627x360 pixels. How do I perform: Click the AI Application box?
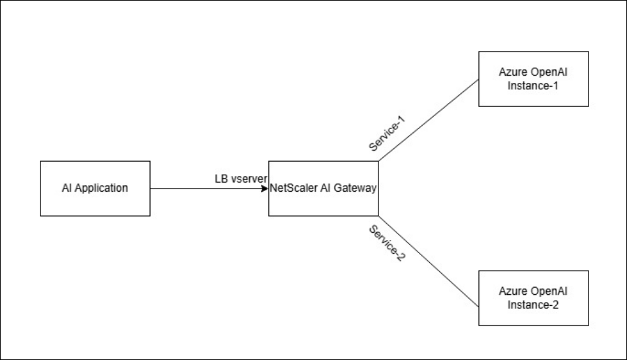95,188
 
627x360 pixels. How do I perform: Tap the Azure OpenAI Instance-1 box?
534,79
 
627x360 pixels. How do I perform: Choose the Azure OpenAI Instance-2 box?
534,298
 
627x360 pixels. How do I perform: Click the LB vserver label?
241,179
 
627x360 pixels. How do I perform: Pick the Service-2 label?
386,243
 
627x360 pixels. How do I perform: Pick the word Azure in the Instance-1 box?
512,73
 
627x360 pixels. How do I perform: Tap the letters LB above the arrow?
221,179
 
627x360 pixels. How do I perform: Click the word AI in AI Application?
67,188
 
